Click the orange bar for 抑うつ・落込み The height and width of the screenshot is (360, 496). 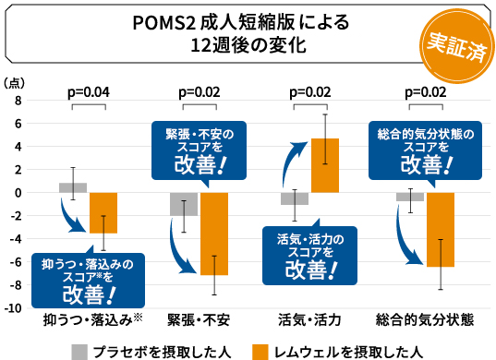click(103, 213)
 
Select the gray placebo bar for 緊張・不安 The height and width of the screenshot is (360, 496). click(184, 204)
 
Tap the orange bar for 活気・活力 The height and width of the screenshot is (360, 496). click(325, 165)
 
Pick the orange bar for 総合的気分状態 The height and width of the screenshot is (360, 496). click(440, 230)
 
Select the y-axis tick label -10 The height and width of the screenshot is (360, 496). click(15, 308)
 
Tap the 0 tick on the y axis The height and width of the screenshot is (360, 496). click(18, 193)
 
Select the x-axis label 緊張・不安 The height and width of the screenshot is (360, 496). click(198, 320)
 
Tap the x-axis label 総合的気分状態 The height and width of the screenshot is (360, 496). click(425, 320)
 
